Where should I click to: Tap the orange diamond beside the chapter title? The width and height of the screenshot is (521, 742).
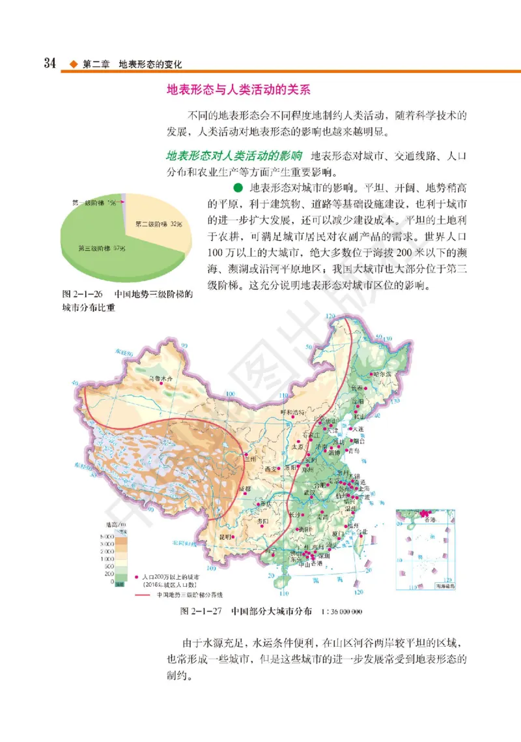[x=74, y=64]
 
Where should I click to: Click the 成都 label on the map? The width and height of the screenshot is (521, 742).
[x=244, y=488]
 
